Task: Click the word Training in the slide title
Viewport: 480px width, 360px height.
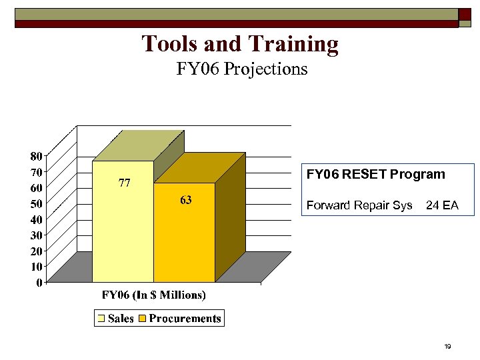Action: [294, 44]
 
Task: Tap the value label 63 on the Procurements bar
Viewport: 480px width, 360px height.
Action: [185, 200]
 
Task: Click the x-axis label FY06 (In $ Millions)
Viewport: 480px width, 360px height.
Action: [153, 295]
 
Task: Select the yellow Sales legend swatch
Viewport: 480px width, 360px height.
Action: [101, 319]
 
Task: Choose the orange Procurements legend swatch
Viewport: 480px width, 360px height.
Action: [142, 319]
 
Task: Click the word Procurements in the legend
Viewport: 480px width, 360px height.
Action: [185, 319]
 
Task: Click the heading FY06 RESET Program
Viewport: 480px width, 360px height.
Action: [375, 175]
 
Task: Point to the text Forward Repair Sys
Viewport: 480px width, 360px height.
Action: [359, 205]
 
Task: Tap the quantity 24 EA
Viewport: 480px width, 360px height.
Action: [442, 205]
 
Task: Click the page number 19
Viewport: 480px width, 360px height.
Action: [447, 347]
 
